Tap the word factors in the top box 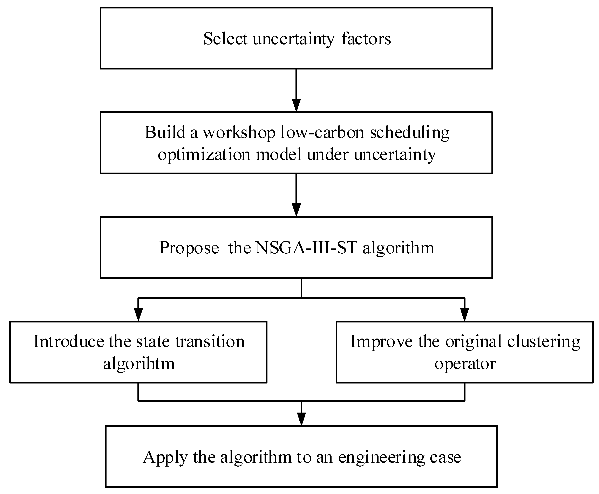[x=366, y=39]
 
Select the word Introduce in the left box [x=69, y=341]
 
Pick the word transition [x=210, y=341]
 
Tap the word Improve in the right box [x=381, y=341]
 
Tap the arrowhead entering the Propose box [x=296, y=210]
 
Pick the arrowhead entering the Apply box [x=301, y=419]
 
